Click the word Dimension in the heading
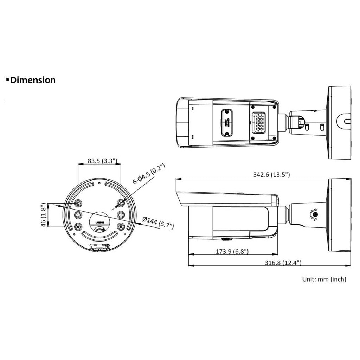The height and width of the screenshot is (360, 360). (33, 80)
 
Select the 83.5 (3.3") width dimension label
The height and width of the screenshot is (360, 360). (100, 161)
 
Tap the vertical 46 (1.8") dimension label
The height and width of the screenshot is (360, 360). (43, 215)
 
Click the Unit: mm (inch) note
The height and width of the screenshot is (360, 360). (324, 279)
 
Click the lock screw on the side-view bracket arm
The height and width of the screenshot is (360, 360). (315, 214)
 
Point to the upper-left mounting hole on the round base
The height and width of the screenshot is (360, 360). (78, 203)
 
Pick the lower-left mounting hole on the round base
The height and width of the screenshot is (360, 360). (78, 227)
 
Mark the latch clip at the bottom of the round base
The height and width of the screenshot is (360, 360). (99, 247)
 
